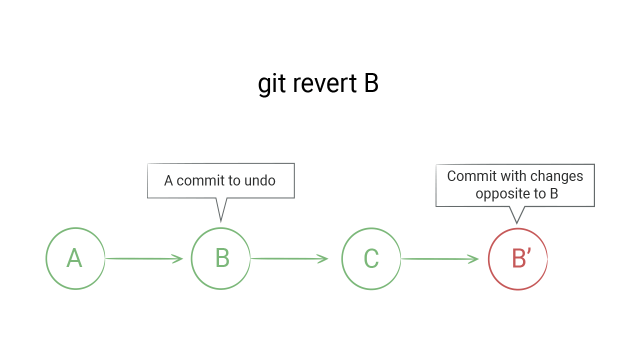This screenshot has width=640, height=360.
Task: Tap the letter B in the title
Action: tap(371, 83)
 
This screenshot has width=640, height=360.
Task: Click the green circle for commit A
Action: tap(75, 258)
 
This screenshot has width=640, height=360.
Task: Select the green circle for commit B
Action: tap(220, 258)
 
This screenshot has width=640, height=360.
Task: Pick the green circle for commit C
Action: tap(371, 258)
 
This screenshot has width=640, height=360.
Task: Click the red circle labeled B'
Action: tap(517, 259)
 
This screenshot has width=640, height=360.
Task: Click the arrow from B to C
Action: tap(289, 258)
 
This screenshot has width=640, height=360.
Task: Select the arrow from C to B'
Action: tap(440, 259)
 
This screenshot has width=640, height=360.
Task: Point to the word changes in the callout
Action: tap(559, 176)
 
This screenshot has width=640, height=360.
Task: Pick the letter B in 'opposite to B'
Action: tap(553, 193)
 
